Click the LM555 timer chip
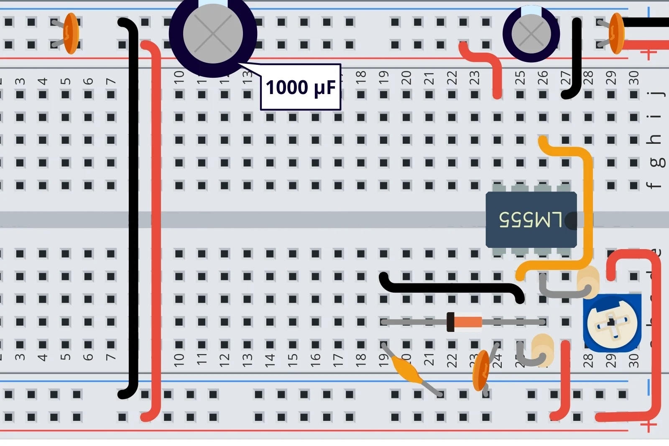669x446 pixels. pyautogui.click(x=531, y=220)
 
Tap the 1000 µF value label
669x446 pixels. pyautogui.click(x=301, y=87)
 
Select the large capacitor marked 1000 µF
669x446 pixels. pyautogui.click(x=213, y=33)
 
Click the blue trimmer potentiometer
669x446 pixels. pyautogui.click(x=612, y=323)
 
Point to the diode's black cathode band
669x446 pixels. pyautogui.click(x=450, y=322)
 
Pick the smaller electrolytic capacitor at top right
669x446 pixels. pyautogui.click(x=531, y=33)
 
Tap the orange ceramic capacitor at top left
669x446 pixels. pyautogui.click(x=71, y=33)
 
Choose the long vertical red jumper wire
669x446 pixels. pyautogui.click(x=156, y=230)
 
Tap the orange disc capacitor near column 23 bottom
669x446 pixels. pyautogui.click(x=481, y=370)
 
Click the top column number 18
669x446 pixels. pyautogui.click(x=361, y=77)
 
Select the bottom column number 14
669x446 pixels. pyautogui.click(x=270, y=358)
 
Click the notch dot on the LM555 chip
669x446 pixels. pyautogui.click(x=571, y=221)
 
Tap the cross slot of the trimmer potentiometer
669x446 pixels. pyautogui.click(x=612, y=323)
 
